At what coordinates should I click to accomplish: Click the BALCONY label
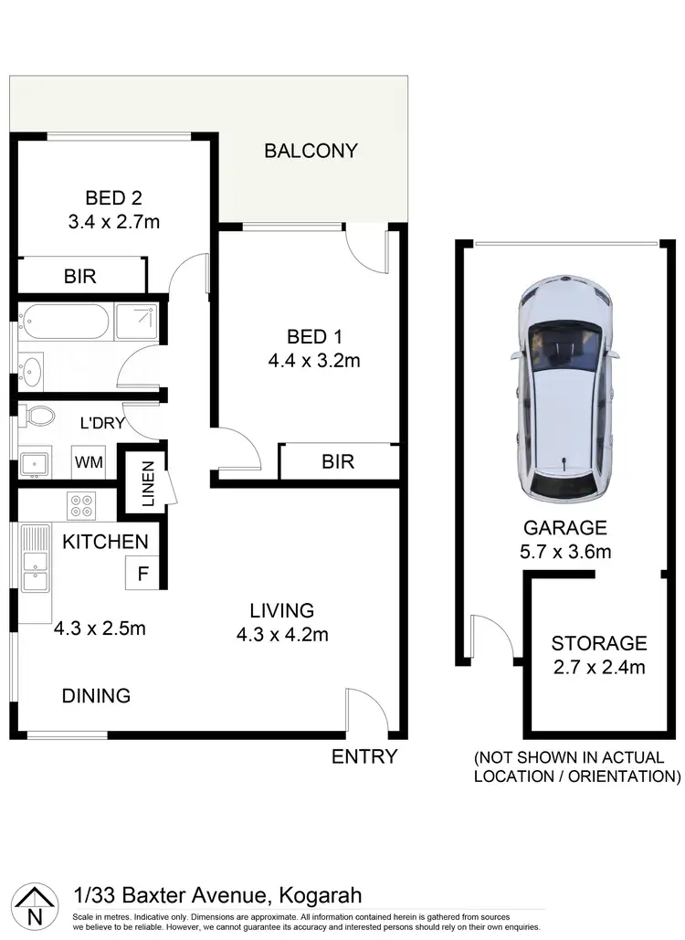311,151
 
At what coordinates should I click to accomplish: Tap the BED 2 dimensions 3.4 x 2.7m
114,221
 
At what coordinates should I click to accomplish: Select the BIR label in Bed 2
80,275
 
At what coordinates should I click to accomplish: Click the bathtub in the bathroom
64,322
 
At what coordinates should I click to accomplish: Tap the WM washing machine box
89,463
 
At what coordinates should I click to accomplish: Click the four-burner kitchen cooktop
80,503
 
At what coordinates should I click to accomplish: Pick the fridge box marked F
142,575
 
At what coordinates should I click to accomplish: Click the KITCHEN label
105,542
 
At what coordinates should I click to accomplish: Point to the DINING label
96,696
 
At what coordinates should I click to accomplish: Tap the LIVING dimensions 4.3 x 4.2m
283,635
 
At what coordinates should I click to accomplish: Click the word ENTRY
364,756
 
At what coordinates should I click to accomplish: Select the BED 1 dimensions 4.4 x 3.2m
314,360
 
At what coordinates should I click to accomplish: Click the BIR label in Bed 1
338,462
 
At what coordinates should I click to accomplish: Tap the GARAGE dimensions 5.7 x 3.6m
566,551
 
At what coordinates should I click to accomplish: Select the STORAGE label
599,643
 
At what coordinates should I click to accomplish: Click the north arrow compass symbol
34,906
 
